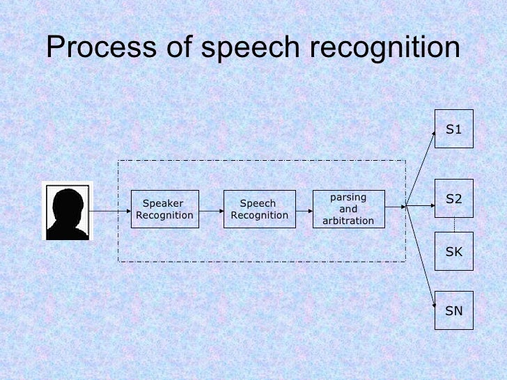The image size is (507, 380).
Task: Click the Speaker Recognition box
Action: click(x=165, y=209)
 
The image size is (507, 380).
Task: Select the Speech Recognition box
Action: click(x=259, y=209)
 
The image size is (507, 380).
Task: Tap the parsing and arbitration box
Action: click(x=348, y=209)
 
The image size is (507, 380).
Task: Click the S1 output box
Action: click(x=454, y=129)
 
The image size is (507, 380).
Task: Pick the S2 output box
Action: click(x=454, y=199)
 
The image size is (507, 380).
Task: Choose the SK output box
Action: click(x=454, y=251)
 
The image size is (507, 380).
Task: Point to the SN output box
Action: click(x=454, y=310)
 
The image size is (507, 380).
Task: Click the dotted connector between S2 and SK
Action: click(x=454, y=225)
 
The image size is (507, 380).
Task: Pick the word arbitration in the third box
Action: click(x=348, y=221)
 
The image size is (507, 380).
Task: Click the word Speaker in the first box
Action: click(x=162, y=203)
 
